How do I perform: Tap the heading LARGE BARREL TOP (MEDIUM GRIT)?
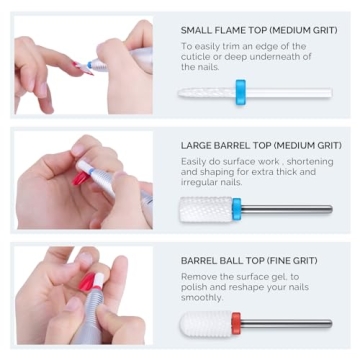255,147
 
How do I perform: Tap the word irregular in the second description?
203,183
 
